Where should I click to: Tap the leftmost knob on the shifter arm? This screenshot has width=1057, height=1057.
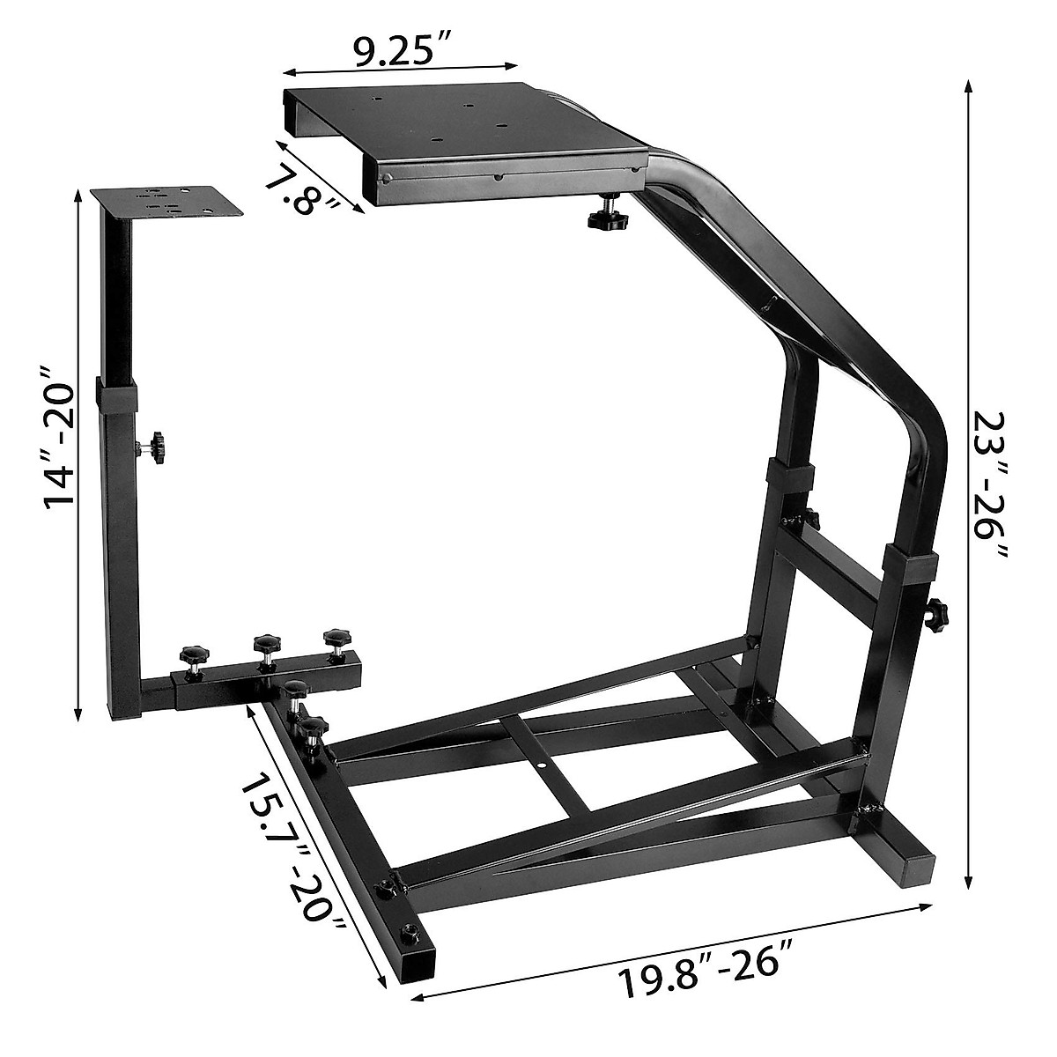pos(192,657)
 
